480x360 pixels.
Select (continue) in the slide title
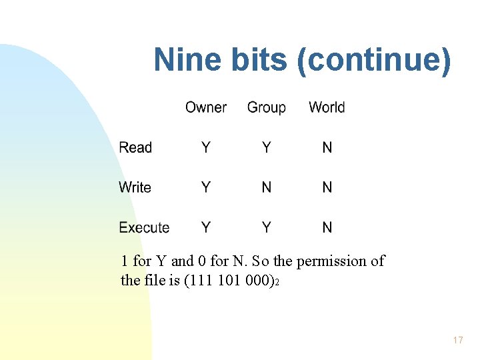(375, 60)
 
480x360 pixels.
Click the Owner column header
(205, 107)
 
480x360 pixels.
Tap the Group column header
(266, 107)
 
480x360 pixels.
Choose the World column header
(327, 107)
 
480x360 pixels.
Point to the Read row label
(135, 147)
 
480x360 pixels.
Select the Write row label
(135, 187)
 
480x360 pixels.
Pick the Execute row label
(144, 227)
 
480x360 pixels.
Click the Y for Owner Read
(205, 147)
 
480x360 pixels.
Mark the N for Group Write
(266, 187)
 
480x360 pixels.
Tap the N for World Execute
(327, 227)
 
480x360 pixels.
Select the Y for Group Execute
(266, 227)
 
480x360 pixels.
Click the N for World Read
(327, 147)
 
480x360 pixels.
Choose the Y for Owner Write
(205, 187)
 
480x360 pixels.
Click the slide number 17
(457, 340)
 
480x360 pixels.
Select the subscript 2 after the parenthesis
(277, 283)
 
